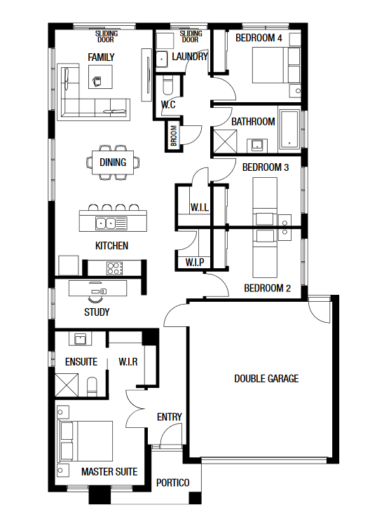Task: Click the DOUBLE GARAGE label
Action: click(266, 378)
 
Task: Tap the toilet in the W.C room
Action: click(168, 85)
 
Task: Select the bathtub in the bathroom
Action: click(289, 129)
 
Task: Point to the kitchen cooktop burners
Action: click(115, 268)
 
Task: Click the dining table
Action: click(113, 162)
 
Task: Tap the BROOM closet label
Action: click(174, 135)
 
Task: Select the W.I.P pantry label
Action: click(195, 262)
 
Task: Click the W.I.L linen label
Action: click(200, 208)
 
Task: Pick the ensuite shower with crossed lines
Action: click(67, 384)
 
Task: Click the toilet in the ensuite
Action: click(92, 387)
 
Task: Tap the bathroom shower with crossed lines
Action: click(225, 142)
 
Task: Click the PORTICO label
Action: click(173, 482)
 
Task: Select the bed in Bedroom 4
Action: click(276, 65)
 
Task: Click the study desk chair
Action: click(96, 299)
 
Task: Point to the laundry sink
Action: click(162, 59)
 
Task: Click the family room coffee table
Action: click(100, 77)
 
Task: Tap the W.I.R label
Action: click(128, 362)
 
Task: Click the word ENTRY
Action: click(170, 417)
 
